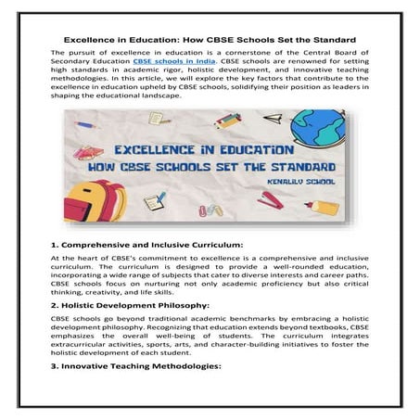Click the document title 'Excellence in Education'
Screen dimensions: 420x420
(210, 39)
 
